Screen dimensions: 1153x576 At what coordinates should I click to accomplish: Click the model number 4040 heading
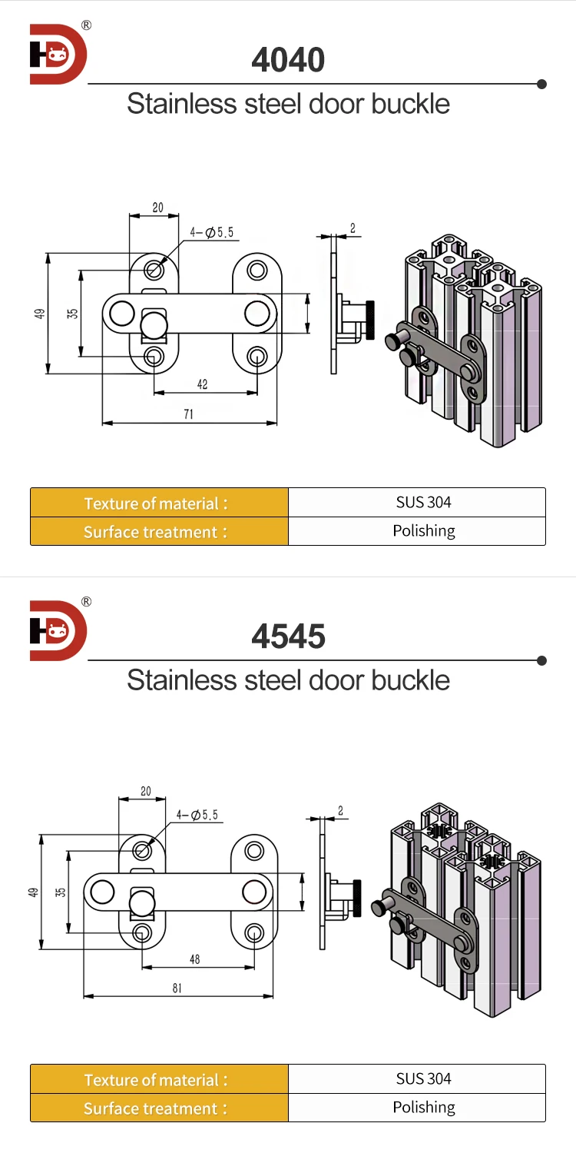pyautogui.click(x=288, y=60)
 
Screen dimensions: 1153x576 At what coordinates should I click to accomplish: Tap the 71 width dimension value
pyautogui.click(x=188, y=414)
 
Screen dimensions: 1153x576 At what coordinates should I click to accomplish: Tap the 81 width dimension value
pyautogui.click(x=177, y=989)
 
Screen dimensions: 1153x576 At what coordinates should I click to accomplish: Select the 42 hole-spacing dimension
pyautogui.click(x=202, y=384)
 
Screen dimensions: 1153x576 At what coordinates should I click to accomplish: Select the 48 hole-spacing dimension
pyautogui.click(x=194, y=959)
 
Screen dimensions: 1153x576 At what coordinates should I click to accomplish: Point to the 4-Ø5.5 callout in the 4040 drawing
pyautogui.click(x=212, y=232)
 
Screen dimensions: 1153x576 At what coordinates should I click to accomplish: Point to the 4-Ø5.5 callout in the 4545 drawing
pyautogui.click(x=197, y=815)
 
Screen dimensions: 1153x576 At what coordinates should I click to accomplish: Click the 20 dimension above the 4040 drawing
pyautogui.click(x=157, y=208)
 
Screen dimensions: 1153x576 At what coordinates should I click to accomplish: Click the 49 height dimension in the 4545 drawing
pyautogui.click(x=33, y=892)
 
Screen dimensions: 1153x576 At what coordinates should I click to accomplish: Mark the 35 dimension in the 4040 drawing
pyautogui.click(x=72, y=314)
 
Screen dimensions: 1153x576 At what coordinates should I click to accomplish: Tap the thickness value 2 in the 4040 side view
pyautogui.click(x=353, y=228)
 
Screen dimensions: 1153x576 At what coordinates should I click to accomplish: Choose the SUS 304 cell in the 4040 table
pyautogui.click(x=423, y=503)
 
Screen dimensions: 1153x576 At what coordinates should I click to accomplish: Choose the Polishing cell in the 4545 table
pyautogui.click(x=423, y=1107)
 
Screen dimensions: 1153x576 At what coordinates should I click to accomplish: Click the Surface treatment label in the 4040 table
pyautogui.click(x=155, y=532)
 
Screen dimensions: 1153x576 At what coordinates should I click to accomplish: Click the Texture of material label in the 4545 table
pyautogui.click(x=155, y=1080)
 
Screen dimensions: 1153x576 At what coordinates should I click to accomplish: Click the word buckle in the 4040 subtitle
pyautogui.click(x=411, y=103)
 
